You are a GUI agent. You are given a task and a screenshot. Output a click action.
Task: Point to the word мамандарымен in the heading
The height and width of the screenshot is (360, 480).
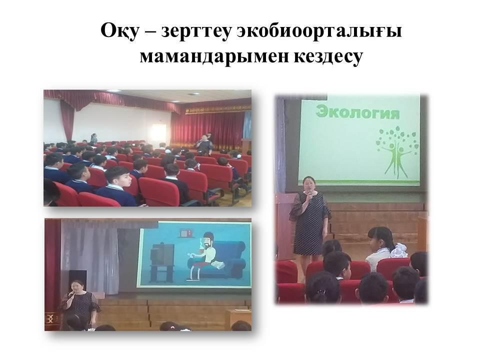tap(213, 56)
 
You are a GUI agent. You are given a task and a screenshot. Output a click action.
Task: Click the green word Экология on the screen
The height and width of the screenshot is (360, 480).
tap(357, 111)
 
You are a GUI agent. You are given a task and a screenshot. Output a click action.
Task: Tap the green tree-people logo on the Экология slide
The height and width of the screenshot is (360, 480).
tap(396, 152)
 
